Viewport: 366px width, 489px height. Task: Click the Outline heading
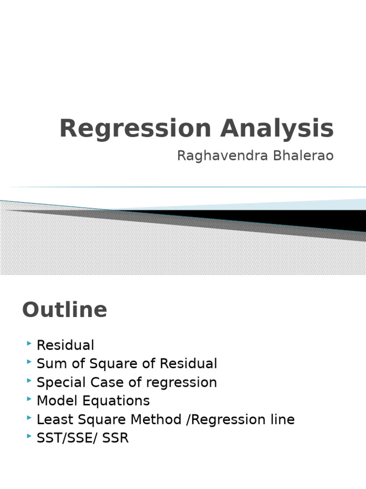(64, 310)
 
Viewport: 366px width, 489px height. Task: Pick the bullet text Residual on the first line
(65, 345)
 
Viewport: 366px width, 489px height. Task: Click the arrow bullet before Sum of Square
(30, 363)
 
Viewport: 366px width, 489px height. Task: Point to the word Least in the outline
(52, 420)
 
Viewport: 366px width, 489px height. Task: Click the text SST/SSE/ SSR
(82, 438)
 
